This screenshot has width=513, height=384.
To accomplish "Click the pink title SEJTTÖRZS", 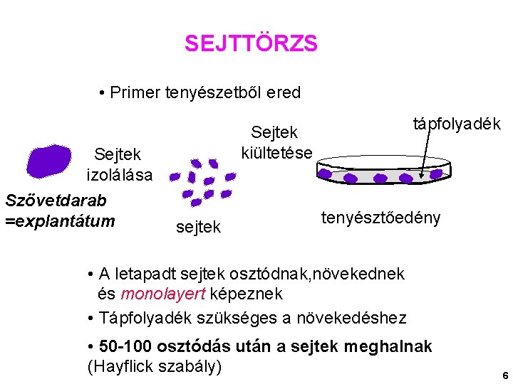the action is [x=251, y=44].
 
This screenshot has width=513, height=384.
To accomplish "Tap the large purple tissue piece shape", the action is [x=48, y=160].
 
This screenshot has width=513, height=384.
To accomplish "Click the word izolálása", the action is [x=119, y=174].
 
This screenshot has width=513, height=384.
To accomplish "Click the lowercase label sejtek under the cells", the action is [x=198, y=227].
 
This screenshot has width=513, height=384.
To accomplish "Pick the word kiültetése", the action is [x=276, y=152].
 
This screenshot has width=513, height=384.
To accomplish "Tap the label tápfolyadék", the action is [x=457, y=124].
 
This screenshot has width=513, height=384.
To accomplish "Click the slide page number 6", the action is [x=504, y=375].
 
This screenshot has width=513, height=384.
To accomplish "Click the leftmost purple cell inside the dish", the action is [x=325, y=174].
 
